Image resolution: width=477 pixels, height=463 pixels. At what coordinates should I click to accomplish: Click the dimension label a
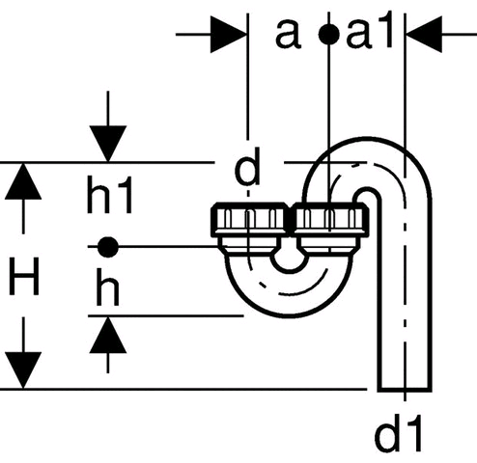[288, 34]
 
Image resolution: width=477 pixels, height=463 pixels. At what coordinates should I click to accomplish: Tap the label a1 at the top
[370, 31]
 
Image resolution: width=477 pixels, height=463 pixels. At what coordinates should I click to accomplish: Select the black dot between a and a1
[328, 35]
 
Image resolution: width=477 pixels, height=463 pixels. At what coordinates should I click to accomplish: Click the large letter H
[24, 276]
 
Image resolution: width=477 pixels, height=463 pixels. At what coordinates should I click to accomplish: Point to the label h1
[110, 195]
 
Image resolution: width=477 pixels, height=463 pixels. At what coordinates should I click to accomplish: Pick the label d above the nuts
[247, 167]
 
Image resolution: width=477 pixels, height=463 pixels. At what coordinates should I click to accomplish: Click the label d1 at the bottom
[398, 433]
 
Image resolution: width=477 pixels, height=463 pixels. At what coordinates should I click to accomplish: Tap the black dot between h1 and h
[108, 247]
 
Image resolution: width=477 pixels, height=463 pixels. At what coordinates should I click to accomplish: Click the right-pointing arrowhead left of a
[228, 34]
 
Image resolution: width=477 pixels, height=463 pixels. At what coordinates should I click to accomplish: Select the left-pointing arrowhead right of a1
[425, 34]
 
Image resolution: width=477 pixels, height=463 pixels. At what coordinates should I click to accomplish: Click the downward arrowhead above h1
[108, 144]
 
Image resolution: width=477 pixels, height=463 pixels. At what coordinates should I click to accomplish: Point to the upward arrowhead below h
[108, 335]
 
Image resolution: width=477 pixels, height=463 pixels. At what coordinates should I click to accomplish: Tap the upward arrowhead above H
[23, 181]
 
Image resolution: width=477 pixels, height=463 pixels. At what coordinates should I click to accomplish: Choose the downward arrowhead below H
[23, 370]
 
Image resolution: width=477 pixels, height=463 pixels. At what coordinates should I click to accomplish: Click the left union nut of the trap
[249, 220]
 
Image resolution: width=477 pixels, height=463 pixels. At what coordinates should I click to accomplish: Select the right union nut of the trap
[331, 220]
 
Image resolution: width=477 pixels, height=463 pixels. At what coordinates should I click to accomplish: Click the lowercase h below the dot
[108, 287]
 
